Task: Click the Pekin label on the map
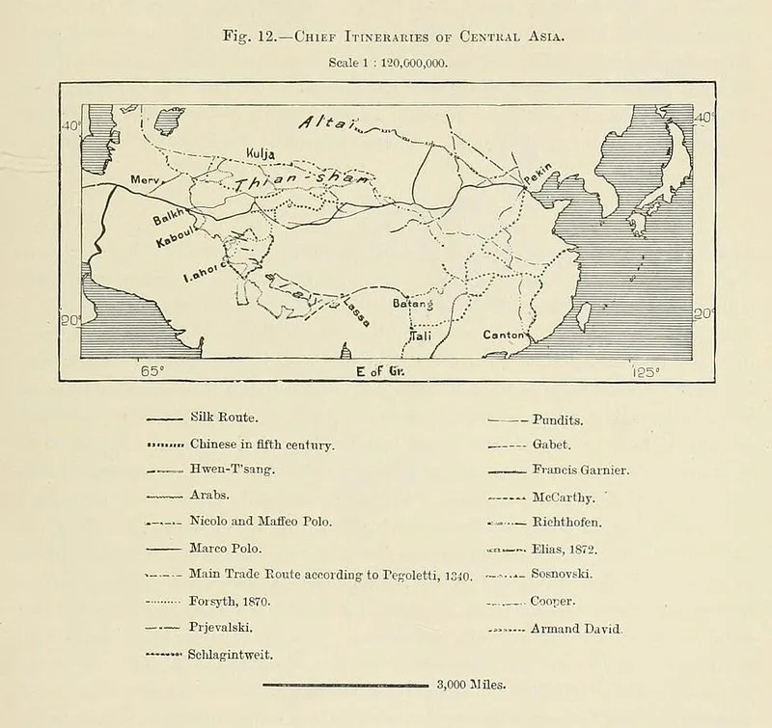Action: click(x=538, y=175)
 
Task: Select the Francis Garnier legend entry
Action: click(x=580, y=471)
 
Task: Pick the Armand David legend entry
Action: click(x=577, y=629)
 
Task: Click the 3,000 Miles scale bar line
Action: click(x=345, y=687)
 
